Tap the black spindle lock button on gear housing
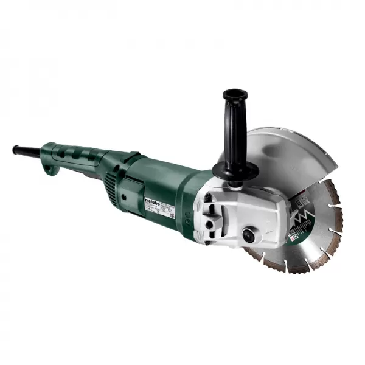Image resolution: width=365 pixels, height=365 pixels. click(x=249, y=234)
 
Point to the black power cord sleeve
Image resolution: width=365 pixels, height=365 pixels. click(x=27, y=150)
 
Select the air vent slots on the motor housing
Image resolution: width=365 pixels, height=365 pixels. click(x=113, y=179)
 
